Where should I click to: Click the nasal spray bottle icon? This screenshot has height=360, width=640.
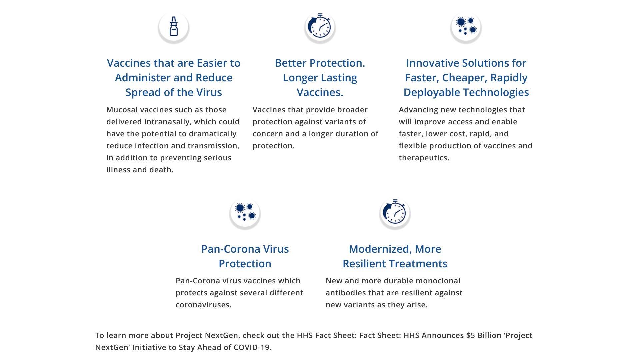[x=174, y=26]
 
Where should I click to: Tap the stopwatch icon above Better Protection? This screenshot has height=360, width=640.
[x=319, y=25]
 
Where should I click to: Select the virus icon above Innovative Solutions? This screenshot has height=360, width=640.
[x=466, y=26]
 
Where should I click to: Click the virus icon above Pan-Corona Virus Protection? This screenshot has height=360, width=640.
[x=245, y=212]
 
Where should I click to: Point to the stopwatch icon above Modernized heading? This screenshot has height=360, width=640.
[x=395, y=211]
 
